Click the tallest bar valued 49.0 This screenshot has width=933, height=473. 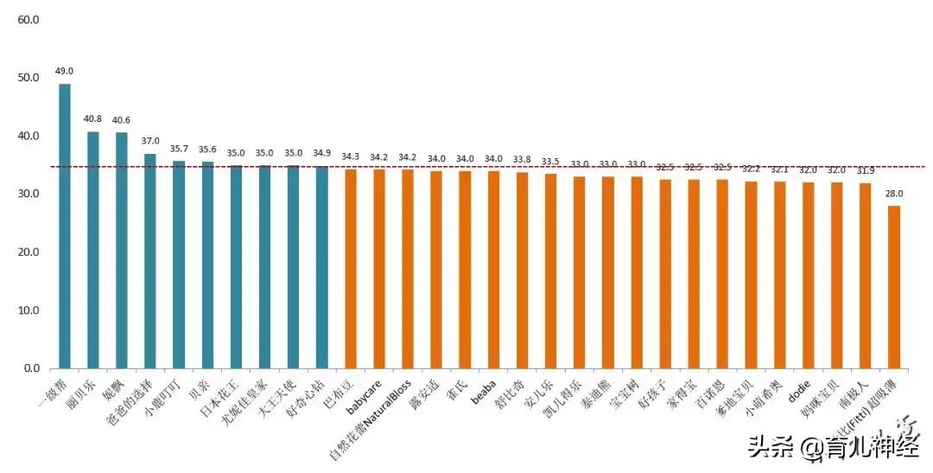point(65,226)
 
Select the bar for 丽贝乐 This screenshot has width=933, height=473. point(93,250)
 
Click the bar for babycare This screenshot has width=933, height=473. point(379,269)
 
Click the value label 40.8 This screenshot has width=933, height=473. point(92,118)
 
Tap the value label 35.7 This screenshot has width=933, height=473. point(179,149)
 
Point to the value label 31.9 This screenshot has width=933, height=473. point(865,170)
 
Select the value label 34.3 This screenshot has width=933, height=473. point(351,157)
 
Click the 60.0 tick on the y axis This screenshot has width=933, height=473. point(29,19)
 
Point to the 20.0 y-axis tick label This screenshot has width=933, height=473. point(29,252)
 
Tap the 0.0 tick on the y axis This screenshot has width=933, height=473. point(32,369)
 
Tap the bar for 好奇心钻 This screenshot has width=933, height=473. point(322,267)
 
